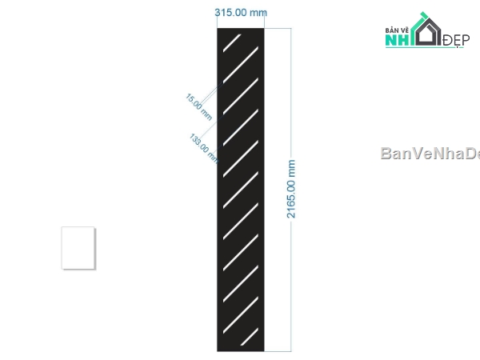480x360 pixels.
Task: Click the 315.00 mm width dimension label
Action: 241,13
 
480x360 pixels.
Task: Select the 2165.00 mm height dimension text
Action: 291,189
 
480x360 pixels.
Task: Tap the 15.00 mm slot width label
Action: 198,107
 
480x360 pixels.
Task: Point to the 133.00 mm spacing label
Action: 204,148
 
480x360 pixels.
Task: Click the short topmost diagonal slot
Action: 232,43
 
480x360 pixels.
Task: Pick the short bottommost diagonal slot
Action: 250,337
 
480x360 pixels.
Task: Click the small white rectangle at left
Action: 78,248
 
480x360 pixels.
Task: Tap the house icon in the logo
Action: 427,30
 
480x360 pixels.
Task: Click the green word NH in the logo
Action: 398,40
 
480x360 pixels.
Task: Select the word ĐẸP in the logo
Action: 456,40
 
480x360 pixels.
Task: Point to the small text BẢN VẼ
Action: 397,30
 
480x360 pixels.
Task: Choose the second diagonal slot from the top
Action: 241,65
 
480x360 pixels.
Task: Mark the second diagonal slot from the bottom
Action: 241,315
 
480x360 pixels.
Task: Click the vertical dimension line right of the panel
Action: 291,190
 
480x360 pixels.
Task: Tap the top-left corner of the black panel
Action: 218,28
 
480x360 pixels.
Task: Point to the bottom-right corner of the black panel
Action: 264,351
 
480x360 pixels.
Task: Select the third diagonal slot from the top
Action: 241,96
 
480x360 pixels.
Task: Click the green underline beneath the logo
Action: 424,47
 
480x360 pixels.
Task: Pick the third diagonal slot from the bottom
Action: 241,284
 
